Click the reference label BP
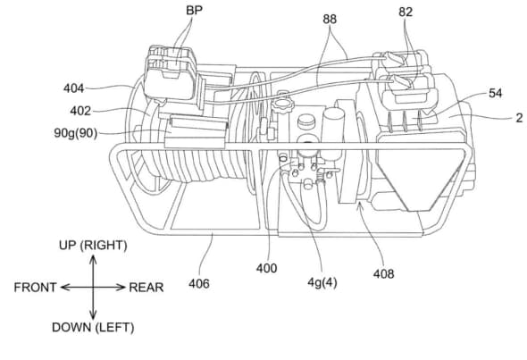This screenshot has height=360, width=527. [194, 10]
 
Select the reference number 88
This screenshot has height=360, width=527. [330, 19]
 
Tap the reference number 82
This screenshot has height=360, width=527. [406, 13]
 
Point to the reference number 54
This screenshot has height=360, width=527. [495, 93]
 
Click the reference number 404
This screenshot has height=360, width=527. [73, 88]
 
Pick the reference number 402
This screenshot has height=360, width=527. [80, 111]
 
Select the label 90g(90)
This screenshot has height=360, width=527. [76, 133]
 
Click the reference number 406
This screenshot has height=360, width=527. [199, 284]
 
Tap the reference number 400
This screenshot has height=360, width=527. [266, 268]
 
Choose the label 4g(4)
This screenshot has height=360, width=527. [322, 282]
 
